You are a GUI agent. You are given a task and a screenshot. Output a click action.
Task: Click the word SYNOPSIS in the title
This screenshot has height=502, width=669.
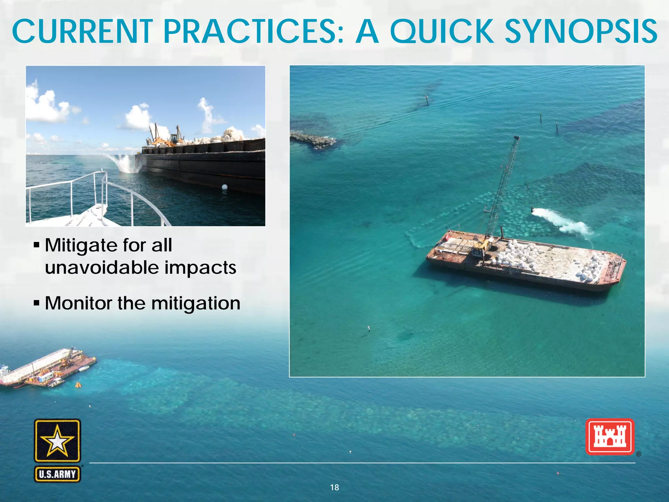581,32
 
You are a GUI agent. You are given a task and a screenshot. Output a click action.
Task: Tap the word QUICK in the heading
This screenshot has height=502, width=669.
442,32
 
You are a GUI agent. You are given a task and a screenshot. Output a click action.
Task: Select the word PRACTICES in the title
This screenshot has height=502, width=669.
253,32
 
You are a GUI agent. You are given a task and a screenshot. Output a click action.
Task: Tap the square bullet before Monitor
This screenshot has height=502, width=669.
37,304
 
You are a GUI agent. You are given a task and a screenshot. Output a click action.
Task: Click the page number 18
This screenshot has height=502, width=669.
334,487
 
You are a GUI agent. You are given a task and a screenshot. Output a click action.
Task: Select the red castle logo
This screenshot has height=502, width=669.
610,437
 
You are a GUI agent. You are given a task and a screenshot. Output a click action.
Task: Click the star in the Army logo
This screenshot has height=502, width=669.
57,441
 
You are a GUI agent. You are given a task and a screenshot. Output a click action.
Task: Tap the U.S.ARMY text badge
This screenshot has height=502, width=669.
57,474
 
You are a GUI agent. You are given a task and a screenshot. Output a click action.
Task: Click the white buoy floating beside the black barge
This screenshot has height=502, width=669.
224,187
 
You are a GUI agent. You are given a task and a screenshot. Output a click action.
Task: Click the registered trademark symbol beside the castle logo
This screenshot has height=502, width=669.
638,454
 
